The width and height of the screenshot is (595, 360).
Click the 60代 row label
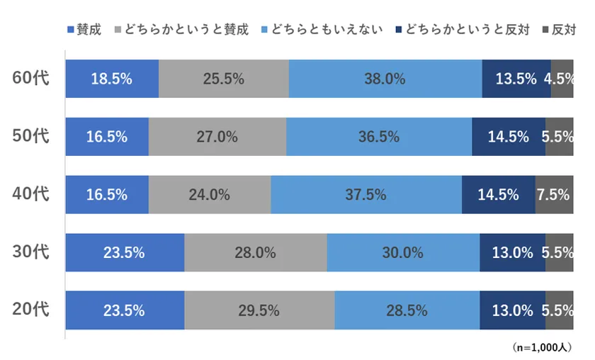point(30,79)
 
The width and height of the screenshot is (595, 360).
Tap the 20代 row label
point(30,309)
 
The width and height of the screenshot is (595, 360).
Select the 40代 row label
point(30,194)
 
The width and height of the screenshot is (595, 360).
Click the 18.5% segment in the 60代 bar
point(112,79)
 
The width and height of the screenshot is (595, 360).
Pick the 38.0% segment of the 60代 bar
point(385,79)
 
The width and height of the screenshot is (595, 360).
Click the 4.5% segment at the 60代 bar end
point(562,79)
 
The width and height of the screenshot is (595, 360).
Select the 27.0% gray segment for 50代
point(217,137)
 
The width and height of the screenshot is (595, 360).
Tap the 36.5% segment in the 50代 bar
point(379,137)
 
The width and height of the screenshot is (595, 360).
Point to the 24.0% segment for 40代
point(210,194)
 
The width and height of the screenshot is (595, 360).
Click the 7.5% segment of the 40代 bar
point(554,194)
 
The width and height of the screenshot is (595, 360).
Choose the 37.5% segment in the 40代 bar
point(366,194)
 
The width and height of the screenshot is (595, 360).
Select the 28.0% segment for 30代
point(256,252)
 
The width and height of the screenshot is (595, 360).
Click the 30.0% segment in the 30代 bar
point(403,252)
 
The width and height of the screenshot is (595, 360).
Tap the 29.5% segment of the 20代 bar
point(259,309)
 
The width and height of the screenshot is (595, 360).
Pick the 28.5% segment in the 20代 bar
point(407,309)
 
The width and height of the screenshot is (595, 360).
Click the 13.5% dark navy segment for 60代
point(516,79)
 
